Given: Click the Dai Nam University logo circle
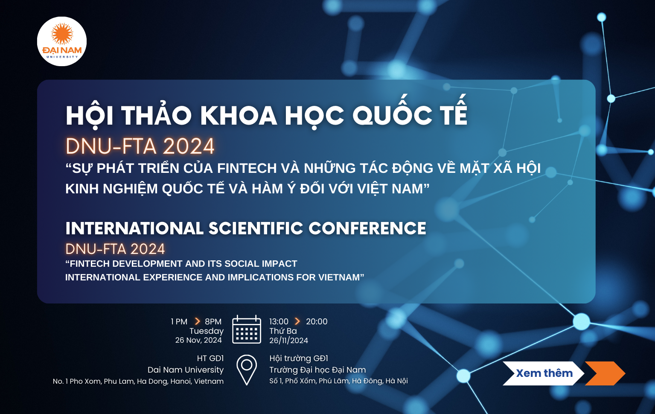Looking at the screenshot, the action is [x=62, y=41].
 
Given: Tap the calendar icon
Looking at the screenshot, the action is [x=247, y=329].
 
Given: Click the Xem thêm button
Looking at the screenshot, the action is [x=544, y=373].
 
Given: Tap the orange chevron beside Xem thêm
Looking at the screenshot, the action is [x=605, y=373].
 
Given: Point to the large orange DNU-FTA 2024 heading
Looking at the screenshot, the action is [x=140, y=146].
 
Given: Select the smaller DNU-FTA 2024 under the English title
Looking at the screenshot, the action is [x=115, y=249].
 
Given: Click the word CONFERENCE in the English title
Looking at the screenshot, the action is [x=367, y=228].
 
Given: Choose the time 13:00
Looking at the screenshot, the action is [x=279, y=322].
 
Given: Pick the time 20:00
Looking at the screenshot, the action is [x=317, y=322].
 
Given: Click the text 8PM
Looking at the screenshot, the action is [x=213, y=322].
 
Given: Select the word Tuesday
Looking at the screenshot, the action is [x=207, y=331].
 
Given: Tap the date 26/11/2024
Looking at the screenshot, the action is [x=288, y=341].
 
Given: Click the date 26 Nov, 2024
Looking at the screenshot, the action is [x=198, y=340].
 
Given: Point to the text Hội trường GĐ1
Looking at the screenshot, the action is [x=299, y=359].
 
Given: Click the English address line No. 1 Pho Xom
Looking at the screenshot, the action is [x=138, y=381].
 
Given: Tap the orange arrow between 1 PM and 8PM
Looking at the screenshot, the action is [x=198, y=321].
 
